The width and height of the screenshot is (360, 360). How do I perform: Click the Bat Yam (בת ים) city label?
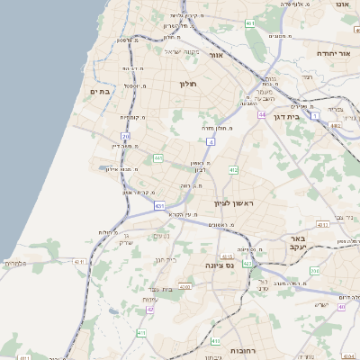(99, 92)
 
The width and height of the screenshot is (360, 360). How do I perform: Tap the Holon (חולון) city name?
(187, 84)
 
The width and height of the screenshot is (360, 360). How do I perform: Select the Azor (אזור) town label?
(216, 55)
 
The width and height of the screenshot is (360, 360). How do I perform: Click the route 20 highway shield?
(126, 137)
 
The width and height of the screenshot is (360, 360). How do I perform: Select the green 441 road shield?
(158, 158)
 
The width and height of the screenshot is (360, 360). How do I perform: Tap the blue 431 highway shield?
(159, 206)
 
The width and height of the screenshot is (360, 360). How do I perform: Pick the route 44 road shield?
(261, 115)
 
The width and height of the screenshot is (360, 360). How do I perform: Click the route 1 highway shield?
(315, 115)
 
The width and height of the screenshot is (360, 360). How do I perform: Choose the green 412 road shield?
(233, 169)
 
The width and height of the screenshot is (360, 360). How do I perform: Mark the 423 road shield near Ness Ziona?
(247, 263)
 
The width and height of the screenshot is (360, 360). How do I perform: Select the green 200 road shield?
(314, 270)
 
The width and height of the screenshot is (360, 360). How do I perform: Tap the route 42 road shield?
(150, 309)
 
